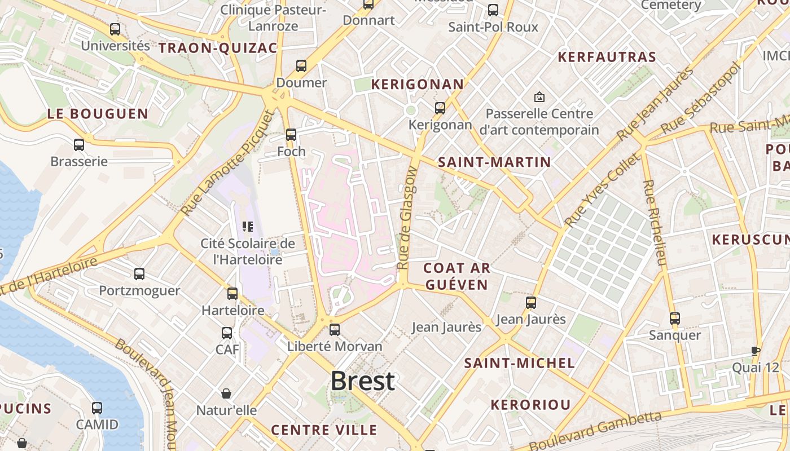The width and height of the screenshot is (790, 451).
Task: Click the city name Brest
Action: pos(362,381)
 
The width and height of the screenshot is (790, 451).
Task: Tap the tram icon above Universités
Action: pos(115,29)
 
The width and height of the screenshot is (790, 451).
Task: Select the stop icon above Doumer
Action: pos(301,66)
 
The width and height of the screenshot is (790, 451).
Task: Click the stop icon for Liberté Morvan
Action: pos(335,329)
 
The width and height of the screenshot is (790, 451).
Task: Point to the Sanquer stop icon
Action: pos(675,318)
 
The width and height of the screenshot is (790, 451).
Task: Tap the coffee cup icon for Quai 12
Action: pos(756,351)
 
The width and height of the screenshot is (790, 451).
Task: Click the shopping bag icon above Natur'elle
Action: pos(226,393)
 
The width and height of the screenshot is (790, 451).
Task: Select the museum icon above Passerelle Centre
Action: pos(539,97)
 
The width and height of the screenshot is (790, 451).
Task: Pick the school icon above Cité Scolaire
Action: pos(247,227)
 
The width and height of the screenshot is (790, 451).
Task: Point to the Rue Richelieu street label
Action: pos(655,223)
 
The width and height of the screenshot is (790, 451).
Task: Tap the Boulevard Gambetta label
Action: pos(595,431)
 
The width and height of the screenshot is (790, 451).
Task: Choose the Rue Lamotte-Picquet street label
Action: pos(229,162)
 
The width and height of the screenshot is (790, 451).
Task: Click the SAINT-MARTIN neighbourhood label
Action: pos(494,162)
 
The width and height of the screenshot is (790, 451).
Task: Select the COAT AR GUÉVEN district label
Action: pos(456,276)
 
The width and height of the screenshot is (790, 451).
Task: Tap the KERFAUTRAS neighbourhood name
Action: pos(607,57)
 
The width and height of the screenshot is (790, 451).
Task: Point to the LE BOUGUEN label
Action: pos(98,114)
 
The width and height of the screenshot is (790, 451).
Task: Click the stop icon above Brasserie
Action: pos(79,145)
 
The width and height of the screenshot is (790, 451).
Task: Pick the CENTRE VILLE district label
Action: pos(324,430)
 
